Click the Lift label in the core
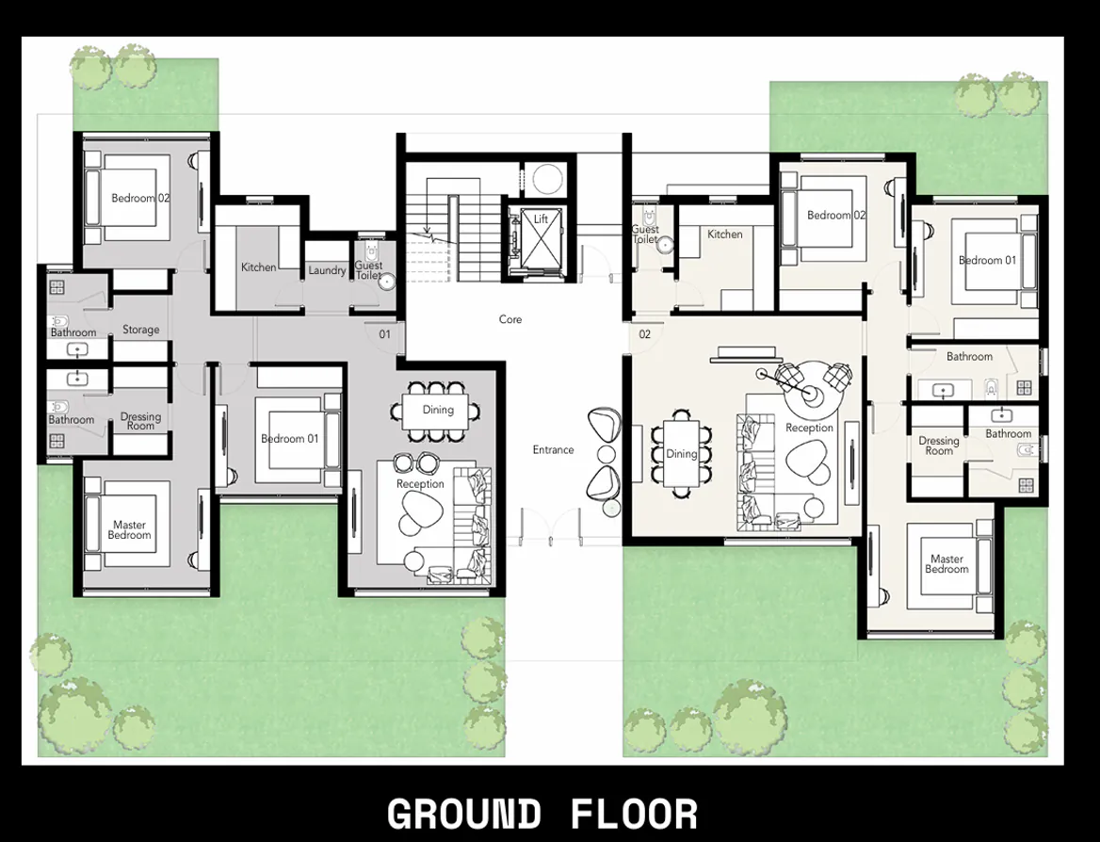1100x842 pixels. click(541, 219)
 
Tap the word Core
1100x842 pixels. click(510, 320)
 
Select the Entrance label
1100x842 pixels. click(553, 450)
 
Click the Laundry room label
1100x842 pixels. click(327, 271)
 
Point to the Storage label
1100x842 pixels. click(140, 331)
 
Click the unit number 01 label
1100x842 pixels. click(385, 334)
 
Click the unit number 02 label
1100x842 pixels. click(645, 334)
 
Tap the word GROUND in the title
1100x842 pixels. click(463, 814)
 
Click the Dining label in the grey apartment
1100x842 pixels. click(438, 410)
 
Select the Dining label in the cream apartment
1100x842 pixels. click(682, 454)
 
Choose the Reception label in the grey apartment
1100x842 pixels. click(420, 484)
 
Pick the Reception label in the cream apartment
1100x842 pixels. click(810, 429)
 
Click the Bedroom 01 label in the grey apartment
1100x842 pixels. click(283, 439)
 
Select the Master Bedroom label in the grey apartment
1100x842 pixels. click(130, 530)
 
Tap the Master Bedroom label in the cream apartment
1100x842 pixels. click(946, 564)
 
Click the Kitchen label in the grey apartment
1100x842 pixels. click(258, 267)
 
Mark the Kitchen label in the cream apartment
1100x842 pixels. click(725, 235)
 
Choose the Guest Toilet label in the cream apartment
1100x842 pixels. click(645, 235)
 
